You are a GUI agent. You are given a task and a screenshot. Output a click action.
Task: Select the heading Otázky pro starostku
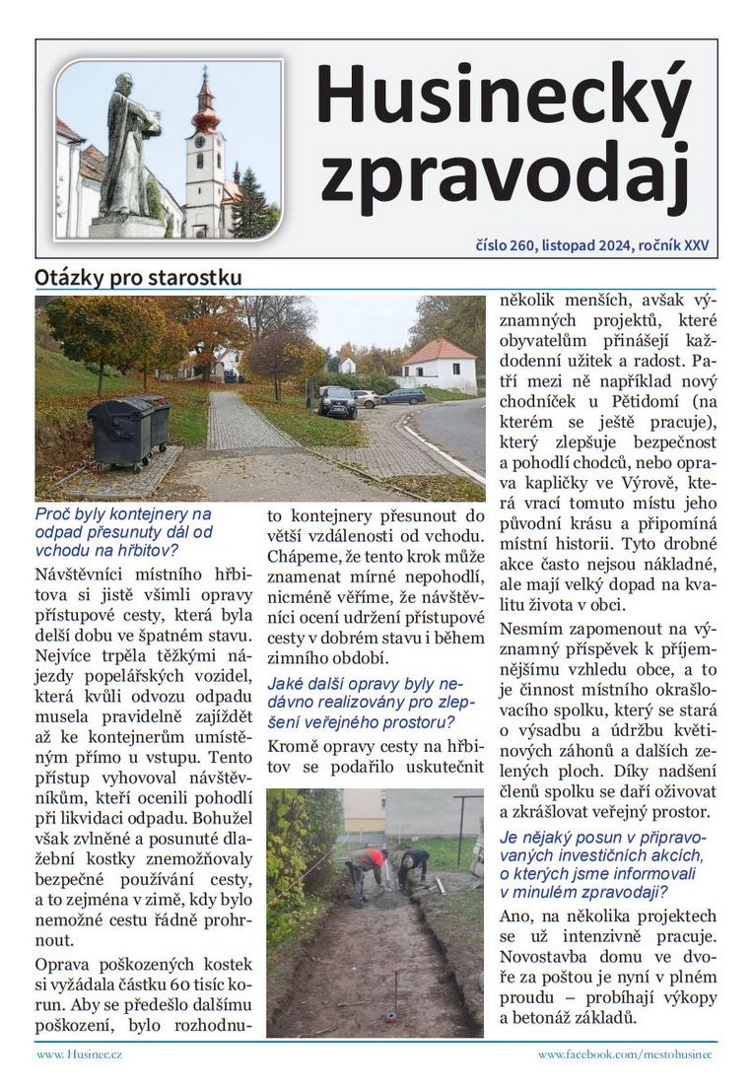(137, 277)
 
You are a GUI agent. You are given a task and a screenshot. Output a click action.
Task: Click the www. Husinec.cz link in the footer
(79, 1054)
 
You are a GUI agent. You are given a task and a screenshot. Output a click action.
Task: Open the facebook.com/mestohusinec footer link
(625, 1054)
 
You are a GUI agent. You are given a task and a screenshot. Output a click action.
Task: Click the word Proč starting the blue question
(52, 513)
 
